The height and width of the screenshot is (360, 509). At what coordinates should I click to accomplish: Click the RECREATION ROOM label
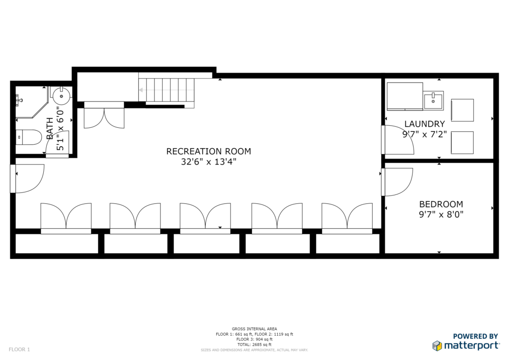pyautogui.click(x=208, y=151)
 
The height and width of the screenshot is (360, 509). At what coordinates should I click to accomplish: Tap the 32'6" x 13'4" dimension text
pyautogui.click(x=208, y=162)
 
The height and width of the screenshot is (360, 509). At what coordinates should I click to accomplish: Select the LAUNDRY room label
pyautogui.click(x=424, y=124)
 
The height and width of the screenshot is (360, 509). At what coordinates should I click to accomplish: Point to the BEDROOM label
pyautogui.click(x=441, y=204)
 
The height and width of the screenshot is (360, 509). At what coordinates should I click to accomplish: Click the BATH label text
pyautogui.click(x=50, y=129)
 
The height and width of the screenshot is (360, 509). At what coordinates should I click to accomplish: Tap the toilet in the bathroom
pyautogui.click(x=28, y=138)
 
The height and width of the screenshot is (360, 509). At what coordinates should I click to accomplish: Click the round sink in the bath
pyautogui.click(x=61, y=96)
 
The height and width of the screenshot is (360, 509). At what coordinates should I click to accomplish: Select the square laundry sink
pyautogui.click(x=433, y=100)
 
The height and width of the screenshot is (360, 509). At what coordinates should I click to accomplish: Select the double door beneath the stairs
pyautogui.click(x=104, y=115)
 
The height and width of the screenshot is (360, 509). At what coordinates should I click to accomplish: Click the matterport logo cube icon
pyautogui.click(x=437, y=346)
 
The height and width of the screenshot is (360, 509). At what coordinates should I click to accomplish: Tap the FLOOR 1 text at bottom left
pyautogui.click(x=19, y=350)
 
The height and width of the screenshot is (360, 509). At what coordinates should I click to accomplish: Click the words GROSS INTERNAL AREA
pyautogui.click(x=254, y=329)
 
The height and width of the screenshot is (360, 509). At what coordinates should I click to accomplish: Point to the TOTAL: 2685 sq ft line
pyautogui.click(x=254, y=345)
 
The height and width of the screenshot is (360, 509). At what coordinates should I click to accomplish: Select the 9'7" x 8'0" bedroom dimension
pyautogui.click(x=441, y=214)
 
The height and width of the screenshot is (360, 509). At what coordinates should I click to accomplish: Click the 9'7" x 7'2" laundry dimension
pyautogui.click(x=424, y=134)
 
